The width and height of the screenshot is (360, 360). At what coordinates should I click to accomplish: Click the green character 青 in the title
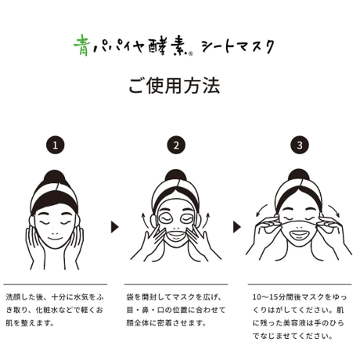[x=81, y=45]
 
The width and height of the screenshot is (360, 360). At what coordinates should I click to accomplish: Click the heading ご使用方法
[x=175, y=86]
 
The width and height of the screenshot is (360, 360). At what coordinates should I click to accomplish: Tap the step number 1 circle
[x=56, y=145]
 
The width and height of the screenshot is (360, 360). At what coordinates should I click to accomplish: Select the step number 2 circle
[x=176, y=145]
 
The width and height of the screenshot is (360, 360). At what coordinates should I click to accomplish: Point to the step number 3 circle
[x=300, y=145]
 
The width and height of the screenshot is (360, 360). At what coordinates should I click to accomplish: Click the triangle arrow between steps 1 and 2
[x=114, y=227]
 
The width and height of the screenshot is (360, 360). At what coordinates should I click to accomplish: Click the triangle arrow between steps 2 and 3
[x=236, y=227]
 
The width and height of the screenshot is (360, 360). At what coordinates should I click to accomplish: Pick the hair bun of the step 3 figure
[x=299, y=175]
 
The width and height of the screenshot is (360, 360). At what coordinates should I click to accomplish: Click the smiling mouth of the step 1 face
[x=54, y=239]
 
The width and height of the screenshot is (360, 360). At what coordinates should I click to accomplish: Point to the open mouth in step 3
[x=300, y=235]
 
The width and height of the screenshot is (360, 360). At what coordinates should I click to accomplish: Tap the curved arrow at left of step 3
[x=261, y=210]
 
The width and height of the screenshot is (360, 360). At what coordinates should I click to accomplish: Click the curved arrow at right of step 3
[x=334, y=211]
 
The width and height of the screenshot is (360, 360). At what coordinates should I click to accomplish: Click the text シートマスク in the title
[x=238, y=47]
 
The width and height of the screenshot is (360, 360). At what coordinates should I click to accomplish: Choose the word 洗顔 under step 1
[x=13, y=297]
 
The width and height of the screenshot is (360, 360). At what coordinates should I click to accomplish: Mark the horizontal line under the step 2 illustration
[x=176, y=284]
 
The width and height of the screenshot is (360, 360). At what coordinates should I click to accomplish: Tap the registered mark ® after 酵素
[x=191, y=53]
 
